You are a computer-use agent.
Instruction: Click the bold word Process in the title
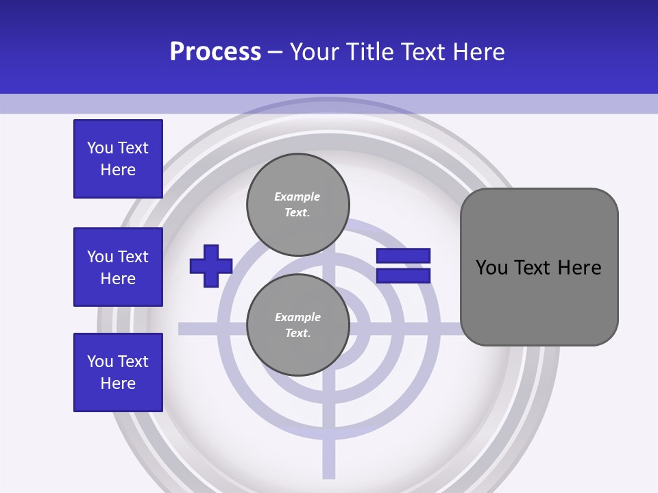pos(215,52)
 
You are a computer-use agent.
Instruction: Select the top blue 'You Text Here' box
pos(118,159)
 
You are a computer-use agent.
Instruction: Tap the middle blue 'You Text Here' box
pos(118,267)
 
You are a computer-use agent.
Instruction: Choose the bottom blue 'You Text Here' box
pos(118,372)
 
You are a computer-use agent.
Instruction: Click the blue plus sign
pos(211,266)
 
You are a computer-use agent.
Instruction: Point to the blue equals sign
pos(403,266)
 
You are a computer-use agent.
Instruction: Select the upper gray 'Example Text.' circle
pos(297,205)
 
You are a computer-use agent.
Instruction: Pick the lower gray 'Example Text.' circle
pos(297,325)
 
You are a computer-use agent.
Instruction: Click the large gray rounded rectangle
pos(539,267)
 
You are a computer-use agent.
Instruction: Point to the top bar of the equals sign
pos(403,256)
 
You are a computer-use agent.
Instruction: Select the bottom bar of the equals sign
pos(403,275)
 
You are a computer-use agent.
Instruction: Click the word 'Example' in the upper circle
pos(297,197)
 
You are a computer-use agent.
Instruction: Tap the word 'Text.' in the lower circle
pos(297,333)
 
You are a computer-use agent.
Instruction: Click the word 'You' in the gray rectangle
pos(491,268)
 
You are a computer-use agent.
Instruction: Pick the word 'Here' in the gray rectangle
pos(579,268)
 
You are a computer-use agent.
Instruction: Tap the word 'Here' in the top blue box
pos(118,170)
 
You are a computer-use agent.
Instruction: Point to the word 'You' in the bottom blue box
pos(100,362)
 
